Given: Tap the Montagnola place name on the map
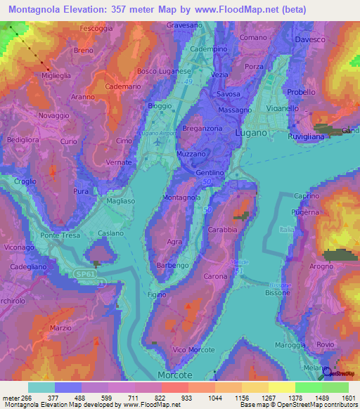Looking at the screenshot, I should click(x=181, y=197).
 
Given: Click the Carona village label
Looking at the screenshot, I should click(x=216, y=277).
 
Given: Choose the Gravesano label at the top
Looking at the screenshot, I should click(x=186, y=25).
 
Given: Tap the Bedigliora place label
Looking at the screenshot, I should click(x=21, y=141).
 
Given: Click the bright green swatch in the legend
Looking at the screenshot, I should click(x=308, y=387).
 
